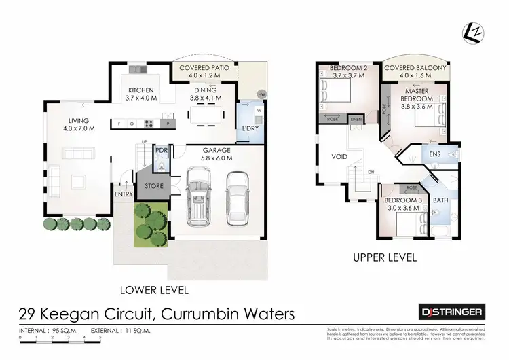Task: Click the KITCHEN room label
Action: point(142,90)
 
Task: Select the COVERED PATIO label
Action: point(203,69)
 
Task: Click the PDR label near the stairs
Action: point(162,151)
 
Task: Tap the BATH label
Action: point(440,201)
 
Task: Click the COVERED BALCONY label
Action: point(415,69)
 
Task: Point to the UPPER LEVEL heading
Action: point(383,258)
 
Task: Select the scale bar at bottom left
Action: point(60,337)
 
